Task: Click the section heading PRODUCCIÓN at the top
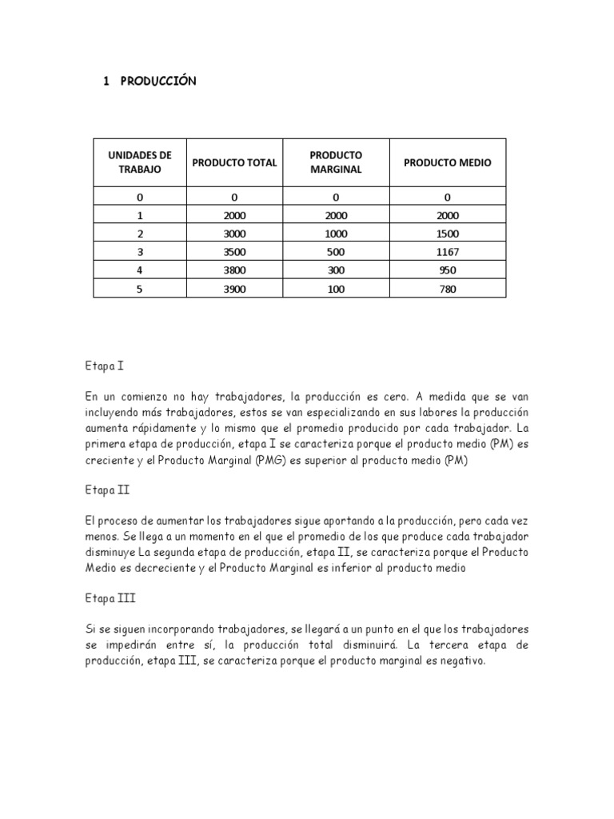157,82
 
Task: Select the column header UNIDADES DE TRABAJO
139,162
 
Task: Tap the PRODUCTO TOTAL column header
234,162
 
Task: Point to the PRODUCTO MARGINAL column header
336,162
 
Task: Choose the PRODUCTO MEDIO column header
447,162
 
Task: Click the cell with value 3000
234,234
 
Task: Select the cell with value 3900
234,289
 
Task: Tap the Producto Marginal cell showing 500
336,252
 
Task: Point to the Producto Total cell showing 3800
234,270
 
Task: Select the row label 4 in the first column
139,270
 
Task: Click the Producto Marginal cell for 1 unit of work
336,215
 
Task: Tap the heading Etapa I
103,366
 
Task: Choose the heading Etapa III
108,597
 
